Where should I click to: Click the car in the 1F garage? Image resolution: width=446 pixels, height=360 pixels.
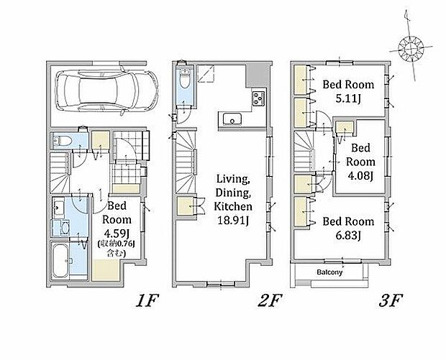tap(106, 91)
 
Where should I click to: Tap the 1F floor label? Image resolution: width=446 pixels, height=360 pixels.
tap(147, 301)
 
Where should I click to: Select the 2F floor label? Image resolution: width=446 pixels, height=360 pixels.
tap(269, 301)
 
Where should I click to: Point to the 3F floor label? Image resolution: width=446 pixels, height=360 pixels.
tap(391, 301)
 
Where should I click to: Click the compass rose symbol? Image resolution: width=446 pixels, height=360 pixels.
tap(411, 49)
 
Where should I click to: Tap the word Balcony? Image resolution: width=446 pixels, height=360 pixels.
tap(329, 272)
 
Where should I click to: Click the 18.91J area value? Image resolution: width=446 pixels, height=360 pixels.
tap(233, 220)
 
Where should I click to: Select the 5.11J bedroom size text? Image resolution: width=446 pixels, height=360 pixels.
tap(348, 98)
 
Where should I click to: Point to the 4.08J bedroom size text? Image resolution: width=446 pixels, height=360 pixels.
tap(360, 175)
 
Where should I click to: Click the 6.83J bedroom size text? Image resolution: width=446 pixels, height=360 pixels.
tap(348, 235)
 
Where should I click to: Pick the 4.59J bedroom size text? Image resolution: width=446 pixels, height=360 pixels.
tap(117, 234)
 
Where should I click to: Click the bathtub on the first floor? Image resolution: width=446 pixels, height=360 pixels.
tap(60, 261)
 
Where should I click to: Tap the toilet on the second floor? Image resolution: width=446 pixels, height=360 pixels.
tap(185, 78)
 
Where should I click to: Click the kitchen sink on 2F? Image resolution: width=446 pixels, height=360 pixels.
tap(232, 119)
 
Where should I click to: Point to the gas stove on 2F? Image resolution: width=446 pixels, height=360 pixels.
tap(258, 98)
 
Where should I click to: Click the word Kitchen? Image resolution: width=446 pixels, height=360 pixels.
tap(233, 206)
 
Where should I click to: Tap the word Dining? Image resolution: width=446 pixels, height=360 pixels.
tap(233, 193)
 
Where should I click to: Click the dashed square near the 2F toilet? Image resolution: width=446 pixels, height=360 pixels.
tap(206, 73)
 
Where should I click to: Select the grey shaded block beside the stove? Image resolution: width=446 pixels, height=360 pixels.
tap(258, 75)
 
